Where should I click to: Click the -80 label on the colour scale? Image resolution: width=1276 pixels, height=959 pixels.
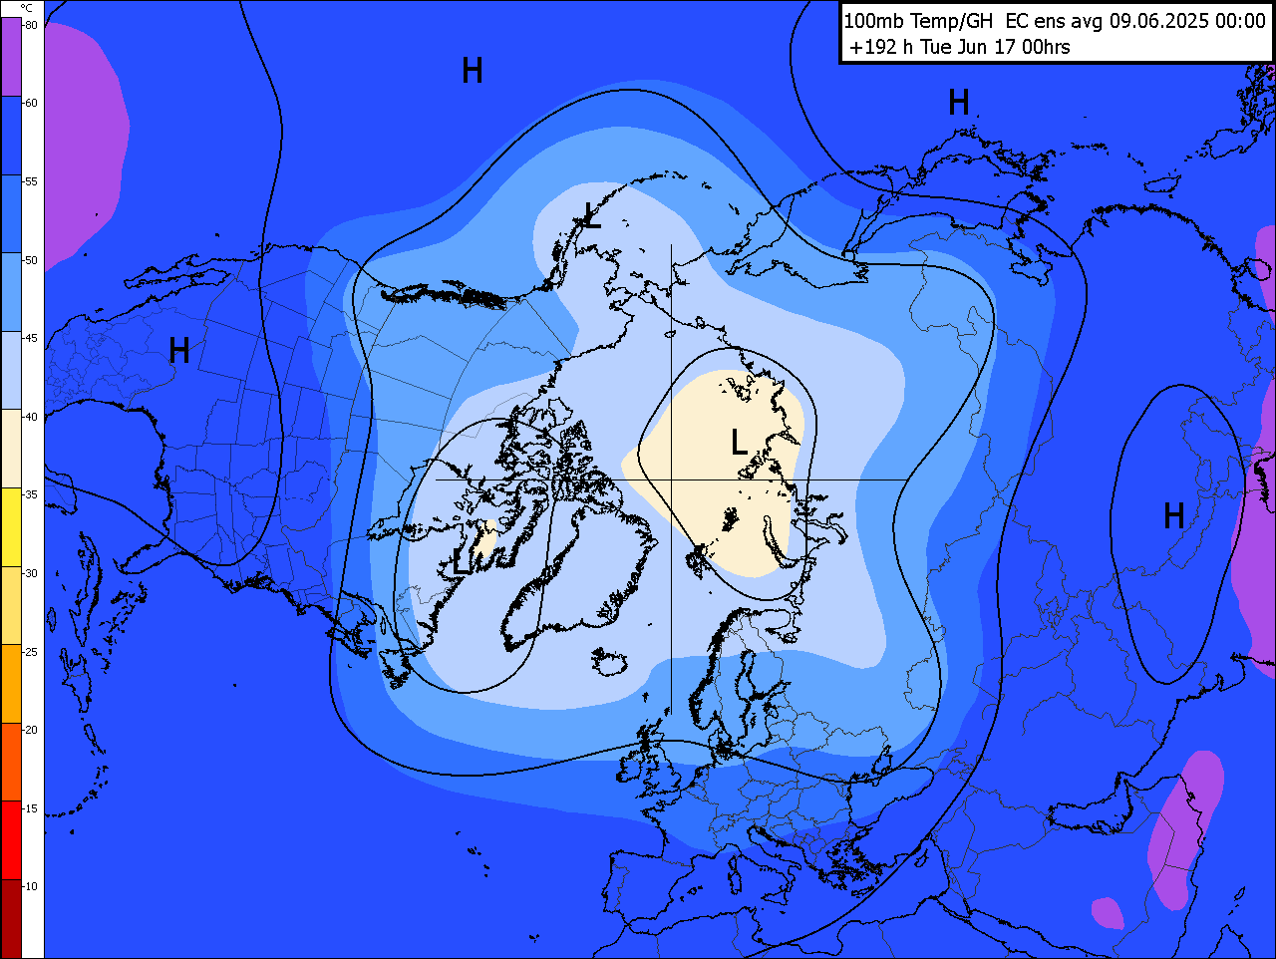tap(31, 25)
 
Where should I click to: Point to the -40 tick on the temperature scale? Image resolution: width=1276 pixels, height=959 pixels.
tap(31, 417)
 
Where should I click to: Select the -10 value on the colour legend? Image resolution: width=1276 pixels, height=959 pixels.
tap(31, 886)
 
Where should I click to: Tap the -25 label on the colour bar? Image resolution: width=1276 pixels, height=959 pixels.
tap(31, 652)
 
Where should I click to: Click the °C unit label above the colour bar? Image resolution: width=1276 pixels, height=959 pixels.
tap(26, 8)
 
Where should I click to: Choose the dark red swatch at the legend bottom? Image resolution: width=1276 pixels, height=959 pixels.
tap(11, 917)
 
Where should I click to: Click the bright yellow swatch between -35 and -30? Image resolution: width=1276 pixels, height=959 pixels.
tap(11, 526)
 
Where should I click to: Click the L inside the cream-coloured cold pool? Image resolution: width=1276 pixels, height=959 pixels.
tap(739, 442)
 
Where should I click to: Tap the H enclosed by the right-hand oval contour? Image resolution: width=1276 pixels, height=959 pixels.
tap(1173, 515)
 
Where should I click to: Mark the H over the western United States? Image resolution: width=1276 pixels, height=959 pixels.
tap(179, 350)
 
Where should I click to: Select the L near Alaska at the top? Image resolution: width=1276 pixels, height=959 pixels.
tap(592, 215)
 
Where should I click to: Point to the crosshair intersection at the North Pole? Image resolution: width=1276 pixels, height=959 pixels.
tap(671, 479)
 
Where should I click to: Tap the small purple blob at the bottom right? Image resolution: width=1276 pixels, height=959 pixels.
tap(1107, 912)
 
